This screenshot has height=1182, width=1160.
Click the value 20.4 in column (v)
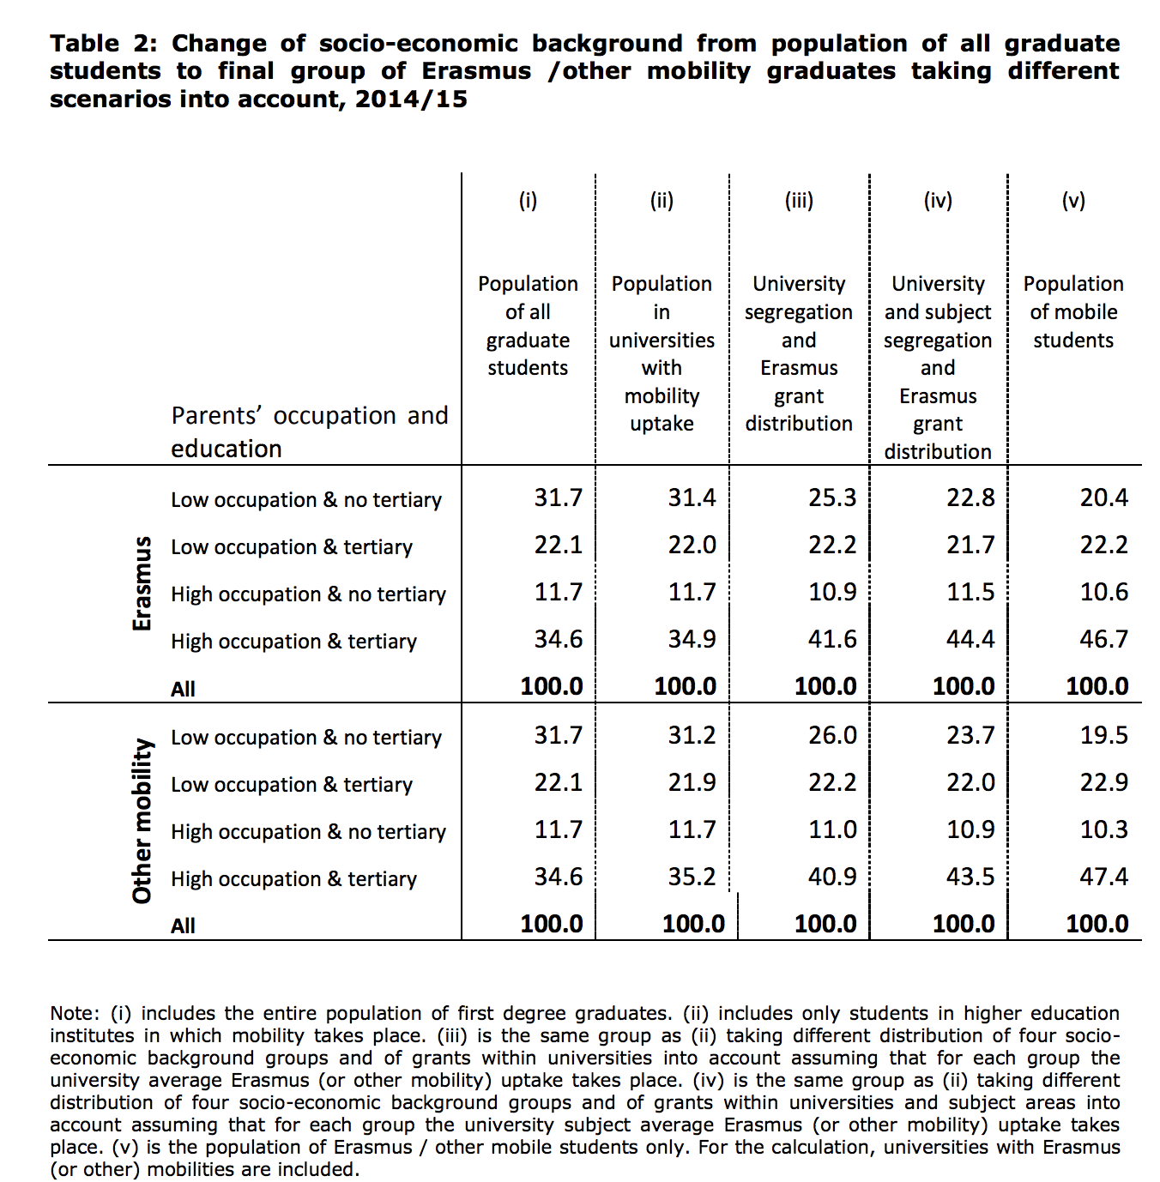[x=1103, y=498]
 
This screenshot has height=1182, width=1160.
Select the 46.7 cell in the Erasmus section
[x=1103, y=640]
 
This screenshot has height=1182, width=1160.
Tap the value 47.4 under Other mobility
[x=1103, y=877]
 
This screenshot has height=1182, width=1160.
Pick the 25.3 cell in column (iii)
[x=832, y=498]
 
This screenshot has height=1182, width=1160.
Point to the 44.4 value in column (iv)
[x=970, y=640]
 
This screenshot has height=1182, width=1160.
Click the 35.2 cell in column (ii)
[x=692, y=877]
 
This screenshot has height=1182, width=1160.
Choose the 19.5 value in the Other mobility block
[x=1103, y=736]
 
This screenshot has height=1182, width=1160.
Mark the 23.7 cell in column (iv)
[x=970, y=736]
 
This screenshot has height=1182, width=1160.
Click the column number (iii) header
[x=799, y=201]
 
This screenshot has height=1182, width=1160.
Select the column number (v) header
[x=1073, y=201]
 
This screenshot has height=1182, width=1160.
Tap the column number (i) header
[x=528, y=201]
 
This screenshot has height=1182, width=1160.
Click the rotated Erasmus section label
[x=142, y=584]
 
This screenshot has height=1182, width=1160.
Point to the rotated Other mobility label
[x=142, y=821]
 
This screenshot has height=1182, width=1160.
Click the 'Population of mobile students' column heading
[x=1073, y=312]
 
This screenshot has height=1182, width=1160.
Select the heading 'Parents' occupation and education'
[x=309, y=431]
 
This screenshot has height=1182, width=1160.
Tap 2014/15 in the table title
[x=411, y=100]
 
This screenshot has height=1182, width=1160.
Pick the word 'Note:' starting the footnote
[x=74, y=1014]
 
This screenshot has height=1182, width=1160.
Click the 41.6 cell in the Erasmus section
[x=832, y=640]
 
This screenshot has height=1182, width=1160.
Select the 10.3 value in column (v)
[x=1103, y=830]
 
